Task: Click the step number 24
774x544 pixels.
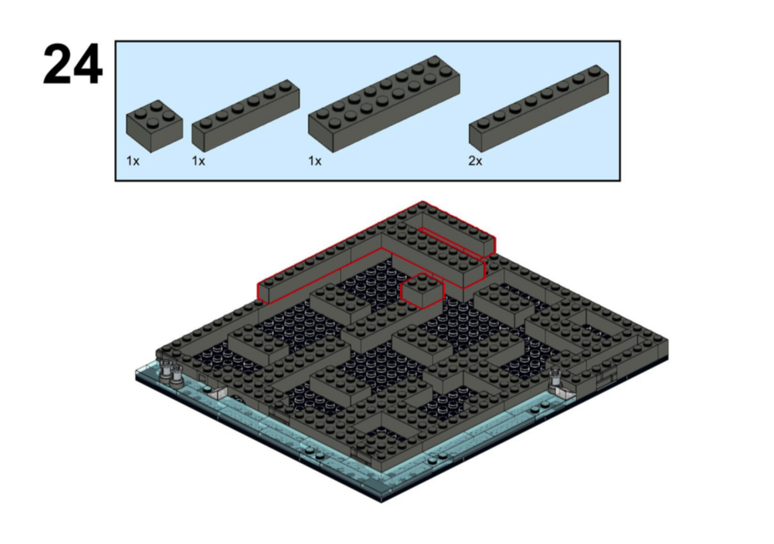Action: pyautogui.click(x=72, y=65)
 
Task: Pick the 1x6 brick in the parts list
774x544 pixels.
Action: pyautogui.click(x=246, y=116)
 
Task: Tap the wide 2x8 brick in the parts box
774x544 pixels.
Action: pyautogui.click(x=384, y=104)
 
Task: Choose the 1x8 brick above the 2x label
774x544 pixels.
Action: pyautogui.click(x=538, y=108)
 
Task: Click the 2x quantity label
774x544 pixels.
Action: pyautogui.click(x=475, y=161)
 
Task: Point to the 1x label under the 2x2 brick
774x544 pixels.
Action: pyautogui.click(x=132, y=161)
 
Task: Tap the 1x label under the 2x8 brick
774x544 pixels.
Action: pyautogui.click(x=315, y=161)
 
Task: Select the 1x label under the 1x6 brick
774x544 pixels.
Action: pyautogui.click(x=199, y=161)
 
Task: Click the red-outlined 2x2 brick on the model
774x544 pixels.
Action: pyautogui.click(x=422, y=291)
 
